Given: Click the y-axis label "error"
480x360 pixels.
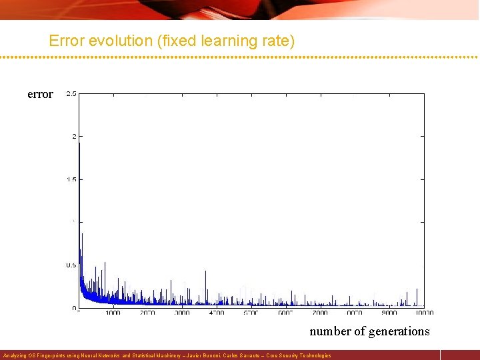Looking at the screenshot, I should (40, 95).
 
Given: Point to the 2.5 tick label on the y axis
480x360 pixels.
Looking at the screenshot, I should (71, 93).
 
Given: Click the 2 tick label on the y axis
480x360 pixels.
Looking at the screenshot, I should (74, 136).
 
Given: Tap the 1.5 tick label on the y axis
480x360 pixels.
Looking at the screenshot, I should (71, 179).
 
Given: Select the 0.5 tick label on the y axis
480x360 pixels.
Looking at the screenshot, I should (71, 265).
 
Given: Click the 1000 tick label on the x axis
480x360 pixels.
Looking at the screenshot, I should (113, 313).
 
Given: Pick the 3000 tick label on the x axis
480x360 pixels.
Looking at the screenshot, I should (182, 313).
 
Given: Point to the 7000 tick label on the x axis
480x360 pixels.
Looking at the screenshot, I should (321, 313).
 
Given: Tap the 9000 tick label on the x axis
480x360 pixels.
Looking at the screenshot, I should (390, 313).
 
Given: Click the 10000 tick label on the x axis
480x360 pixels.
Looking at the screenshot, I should (423, 313).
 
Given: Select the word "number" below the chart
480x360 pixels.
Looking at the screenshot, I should (330, 331).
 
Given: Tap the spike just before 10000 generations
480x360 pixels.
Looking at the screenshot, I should (417, 289).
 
